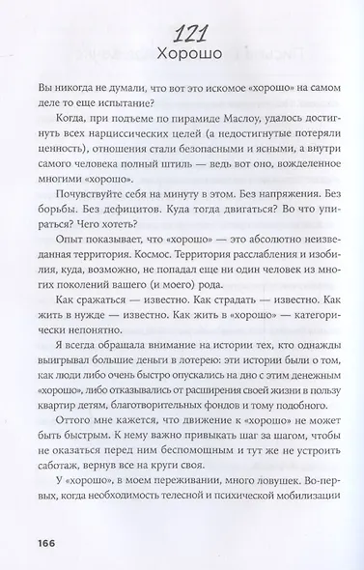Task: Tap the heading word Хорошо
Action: (x=182, y=55)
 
